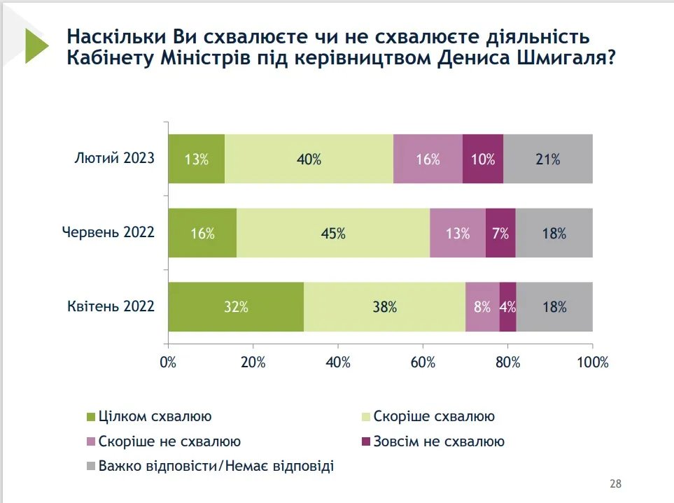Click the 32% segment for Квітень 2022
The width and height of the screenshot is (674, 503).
click(x=235, y=306)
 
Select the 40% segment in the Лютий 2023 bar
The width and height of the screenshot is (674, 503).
click(x=309, y=159)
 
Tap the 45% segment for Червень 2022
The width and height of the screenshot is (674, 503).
click(x=333, y=233)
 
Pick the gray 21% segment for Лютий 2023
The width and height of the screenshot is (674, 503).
click(x=548, y=159)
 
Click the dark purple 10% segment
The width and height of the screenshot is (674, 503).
click(x=483, y=159)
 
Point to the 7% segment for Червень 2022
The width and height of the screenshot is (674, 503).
click(x=500, y=233)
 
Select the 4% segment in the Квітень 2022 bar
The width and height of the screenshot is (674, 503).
click(x=508, y=306)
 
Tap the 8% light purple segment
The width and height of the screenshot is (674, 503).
click(x=482, y=306)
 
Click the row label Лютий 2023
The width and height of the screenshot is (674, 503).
click(x=114, y=157)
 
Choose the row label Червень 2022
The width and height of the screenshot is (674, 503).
click(x=108, y=232)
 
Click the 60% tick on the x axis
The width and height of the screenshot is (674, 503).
click(x=423, y=362)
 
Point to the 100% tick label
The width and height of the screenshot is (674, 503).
click(x=592, y=362)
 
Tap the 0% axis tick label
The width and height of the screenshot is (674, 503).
click(x=168, y=362)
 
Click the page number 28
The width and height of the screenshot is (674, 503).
click(x=615, y=483)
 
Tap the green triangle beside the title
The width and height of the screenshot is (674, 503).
click(x=36, y=46)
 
